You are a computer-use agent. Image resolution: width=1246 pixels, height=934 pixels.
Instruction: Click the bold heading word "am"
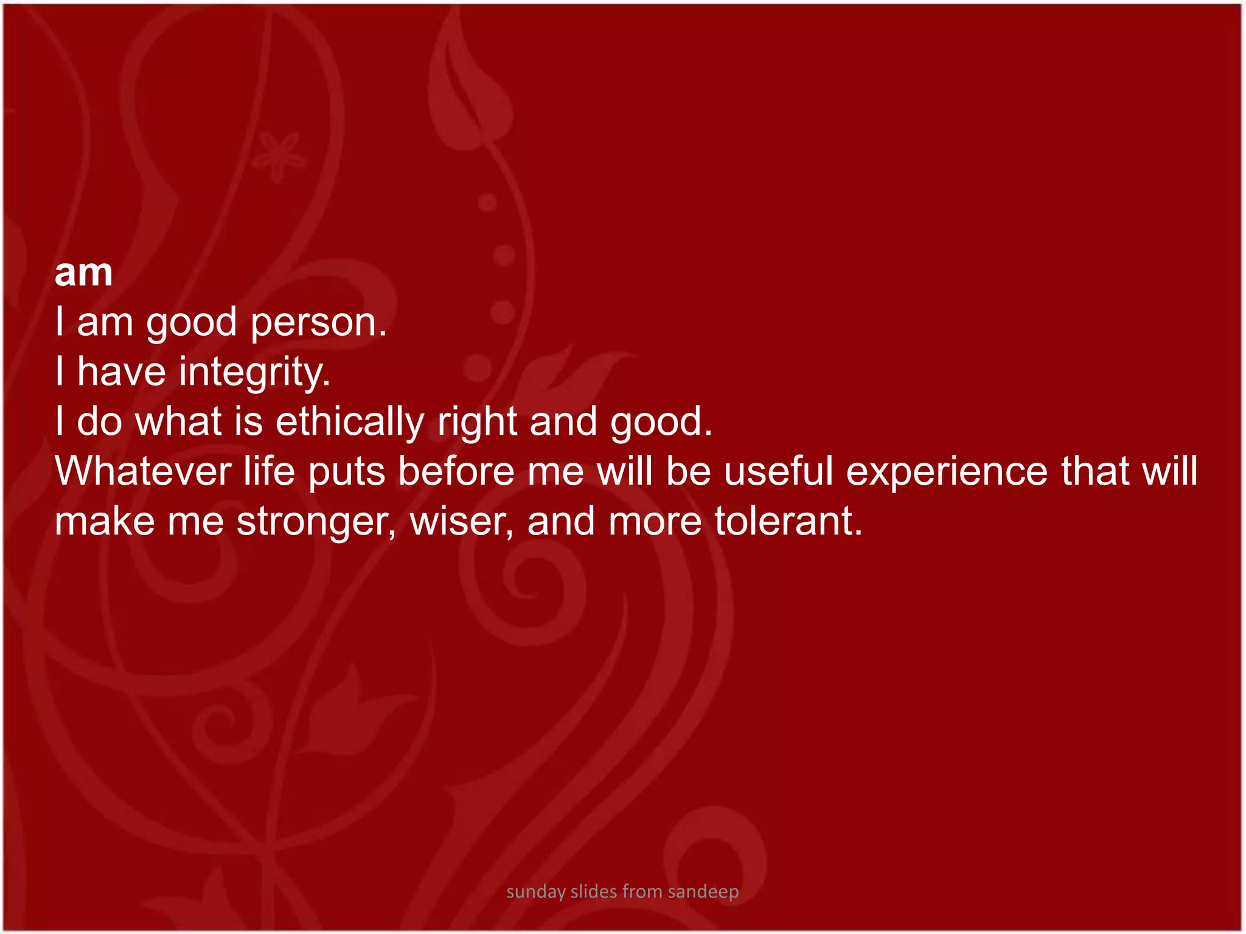(83, 273)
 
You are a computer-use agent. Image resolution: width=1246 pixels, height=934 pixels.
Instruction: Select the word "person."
(318, 323)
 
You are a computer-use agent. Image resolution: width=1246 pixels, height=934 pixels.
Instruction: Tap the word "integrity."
(254, 372)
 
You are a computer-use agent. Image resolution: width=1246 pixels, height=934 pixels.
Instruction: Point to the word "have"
(121, 372)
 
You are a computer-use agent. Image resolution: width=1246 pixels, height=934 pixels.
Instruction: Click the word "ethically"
(350, 422)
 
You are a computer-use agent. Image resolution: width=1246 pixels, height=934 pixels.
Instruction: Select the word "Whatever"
(144, 471)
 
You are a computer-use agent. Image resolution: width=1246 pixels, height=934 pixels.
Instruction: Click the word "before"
(456, 471)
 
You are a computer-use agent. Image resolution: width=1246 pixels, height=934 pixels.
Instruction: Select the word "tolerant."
(788, 521)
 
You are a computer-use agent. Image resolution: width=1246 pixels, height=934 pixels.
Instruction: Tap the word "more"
(655, 521)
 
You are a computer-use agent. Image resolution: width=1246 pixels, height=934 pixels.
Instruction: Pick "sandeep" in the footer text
(703, 892)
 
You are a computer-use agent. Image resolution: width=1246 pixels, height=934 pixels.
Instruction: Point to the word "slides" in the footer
(594, 891)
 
